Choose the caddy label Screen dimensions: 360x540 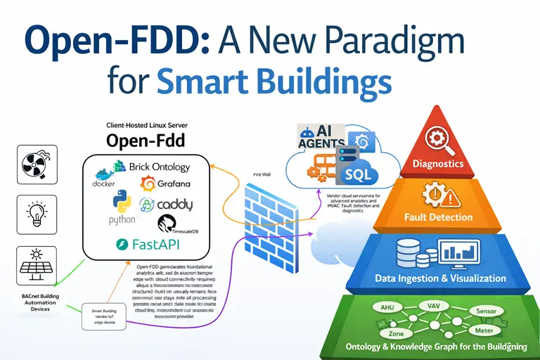[x=173, y=205]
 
